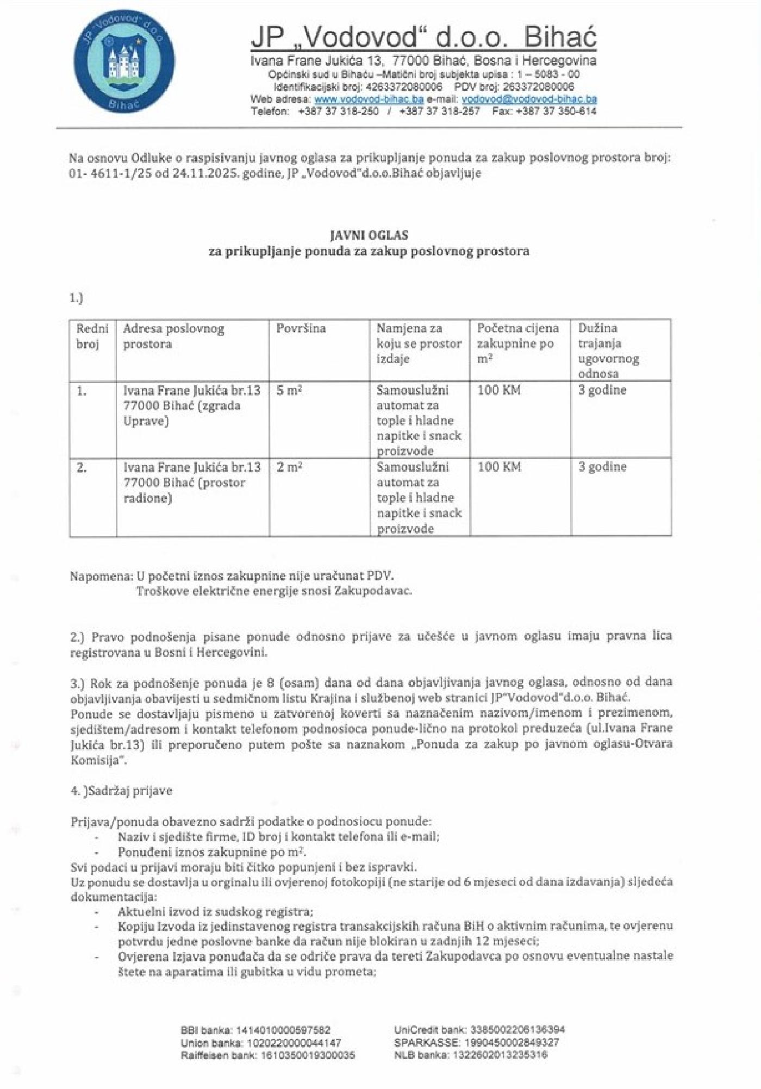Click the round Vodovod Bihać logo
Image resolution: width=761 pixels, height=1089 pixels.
pos(124,66)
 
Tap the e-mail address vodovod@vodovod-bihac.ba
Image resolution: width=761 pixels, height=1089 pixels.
pos(529,99)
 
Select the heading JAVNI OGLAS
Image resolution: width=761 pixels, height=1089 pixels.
pos(369,235)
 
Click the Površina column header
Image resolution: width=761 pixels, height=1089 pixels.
pos(301,329)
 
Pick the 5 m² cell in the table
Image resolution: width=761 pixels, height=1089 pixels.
pos(289,391)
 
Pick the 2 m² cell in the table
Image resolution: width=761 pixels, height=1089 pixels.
pos(289,467)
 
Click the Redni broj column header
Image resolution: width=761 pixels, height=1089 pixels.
pos(92,336)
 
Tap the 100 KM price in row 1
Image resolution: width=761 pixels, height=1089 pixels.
pos(499,390)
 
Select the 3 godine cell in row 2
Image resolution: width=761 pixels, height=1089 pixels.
pos(602,467)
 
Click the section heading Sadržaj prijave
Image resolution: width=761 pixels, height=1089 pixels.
pos(129,791)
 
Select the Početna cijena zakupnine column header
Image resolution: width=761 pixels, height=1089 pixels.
pos(517,343)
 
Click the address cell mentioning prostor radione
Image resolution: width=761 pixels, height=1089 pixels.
pos(192,483)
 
